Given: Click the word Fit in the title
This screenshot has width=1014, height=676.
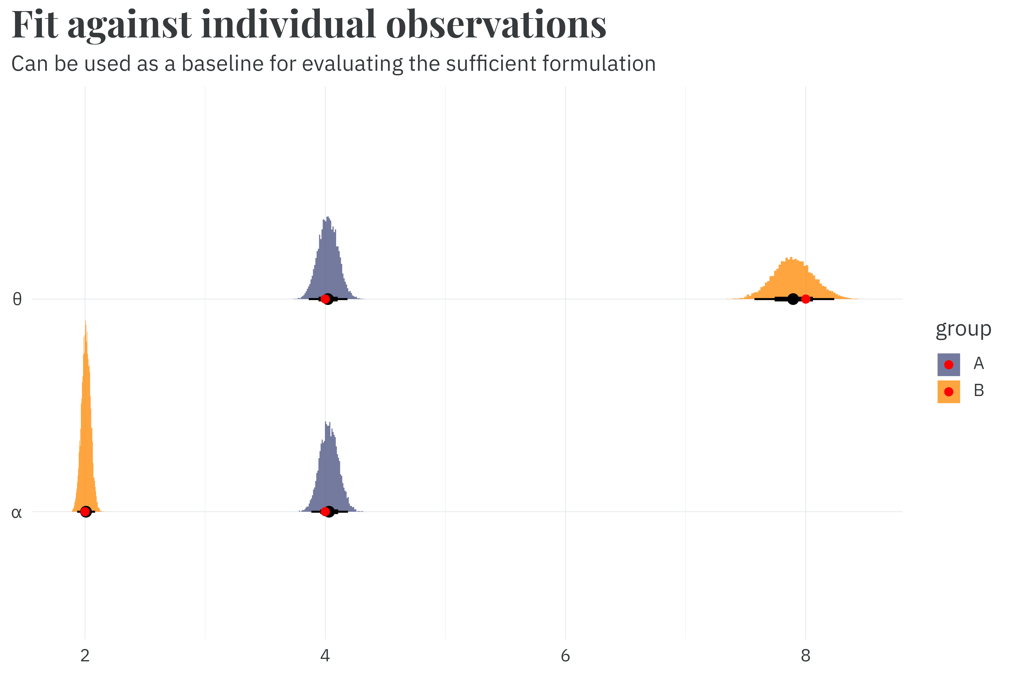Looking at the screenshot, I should [35, 25].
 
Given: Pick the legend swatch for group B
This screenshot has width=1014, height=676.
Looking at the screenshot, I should [948, 392].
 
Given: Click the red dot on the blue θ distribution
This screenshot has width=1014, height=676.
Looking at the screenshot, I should [325, 299].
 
